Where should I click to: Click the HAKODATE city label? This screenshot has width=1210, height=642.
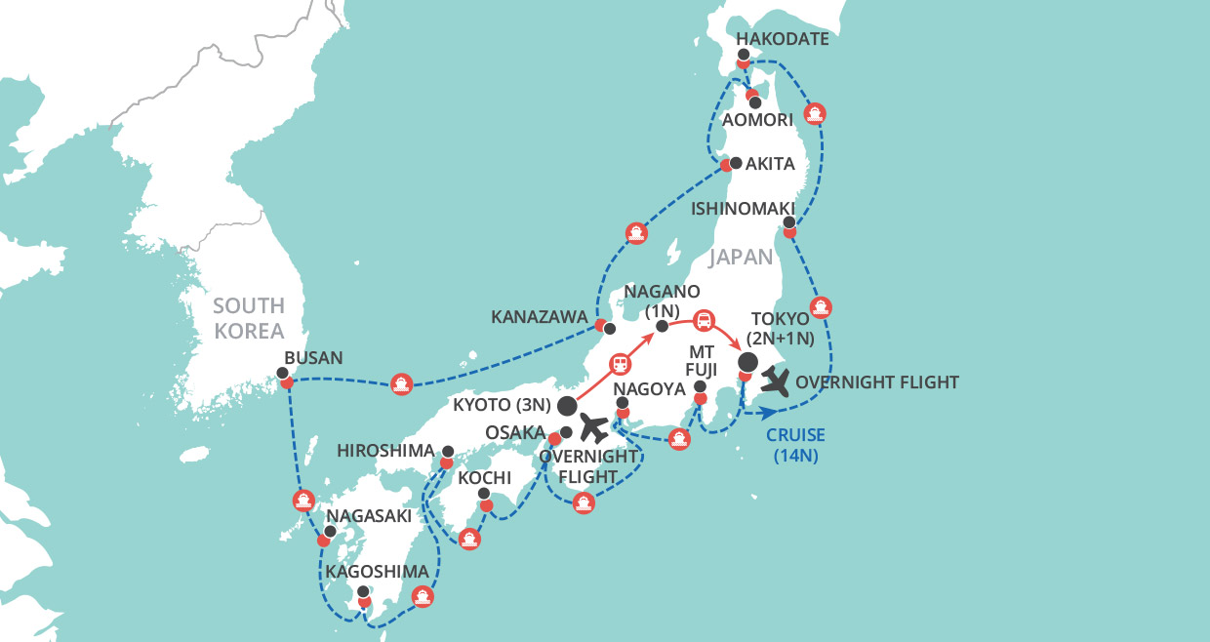783,40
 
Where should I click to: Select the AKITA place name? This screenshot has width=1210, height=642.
770,164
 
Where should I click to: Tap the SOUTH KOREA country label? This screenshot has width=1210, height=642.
249,317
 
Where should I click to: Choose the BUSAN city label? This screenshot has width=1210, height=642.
312,358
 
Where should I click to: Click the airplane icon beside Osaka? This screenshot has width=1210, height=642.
595,427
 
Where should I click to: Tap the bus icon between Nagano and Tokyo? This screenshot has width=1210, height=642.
704,321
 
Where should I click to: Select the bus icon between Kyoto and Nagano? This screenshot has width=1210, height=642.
620,365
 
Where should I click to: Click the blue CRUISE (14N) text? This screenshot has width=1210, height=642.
794,444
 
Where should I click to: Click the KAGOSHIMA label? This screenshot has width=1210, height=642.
378,571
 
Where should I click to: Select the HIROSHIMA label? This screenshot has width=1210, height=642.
384,451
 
